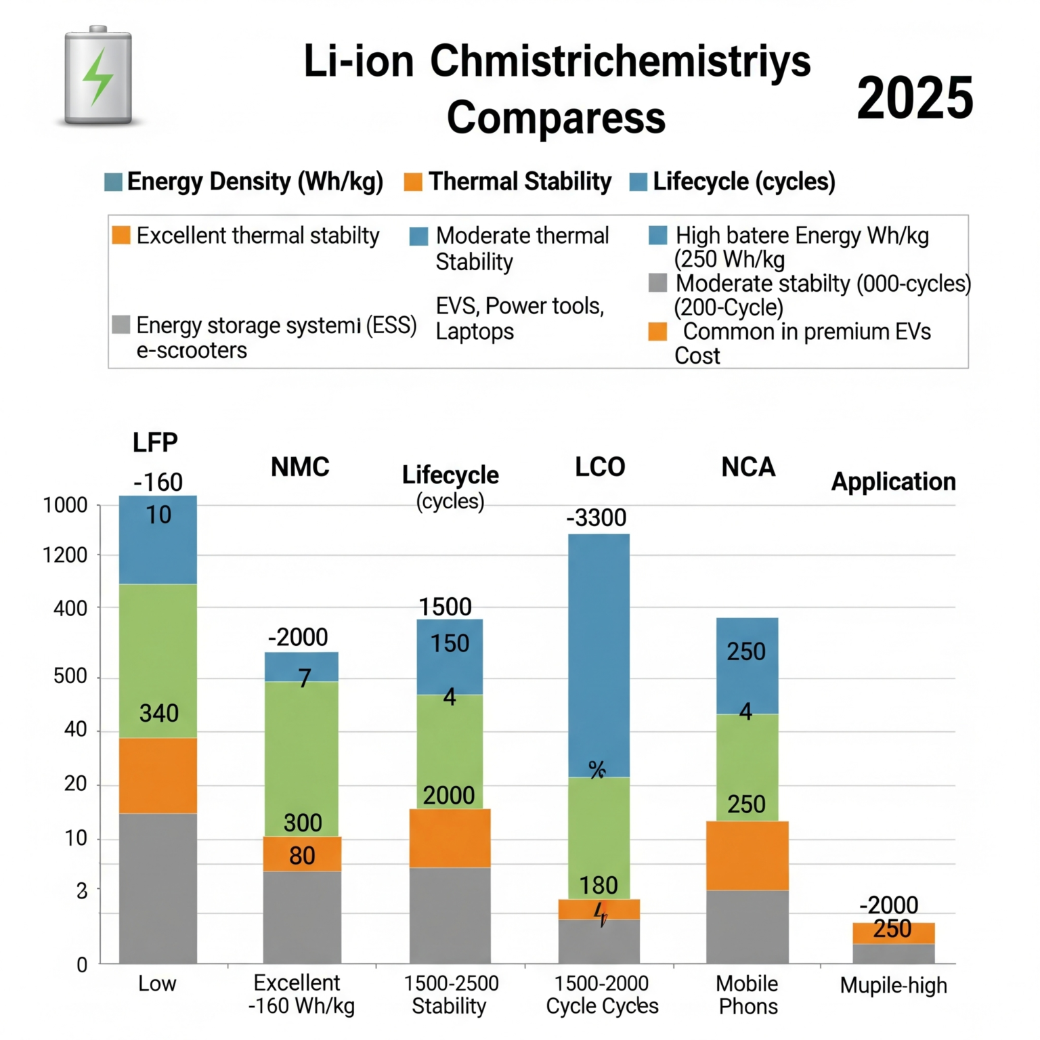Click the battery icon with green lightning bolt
98,76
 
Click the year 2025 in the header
915,98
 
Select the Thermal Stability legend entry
508,181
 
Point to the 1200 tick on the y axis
65,555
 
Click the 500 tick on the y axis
70,676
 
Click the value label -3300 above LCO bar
597,518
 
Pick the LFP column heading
155,442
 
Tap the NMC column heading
300,467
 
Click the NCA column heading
748,467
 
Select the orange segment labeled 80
302,854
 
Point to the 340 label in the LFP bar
159,713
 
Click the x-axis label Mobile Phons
747,995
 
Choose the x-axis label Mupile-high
893,985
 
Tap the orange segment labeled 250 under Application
893,932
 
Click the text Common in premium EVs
806,332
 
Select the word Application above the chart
893,481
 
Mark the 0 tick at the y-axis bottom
82,965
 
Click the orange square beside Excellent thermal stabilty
121,235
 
